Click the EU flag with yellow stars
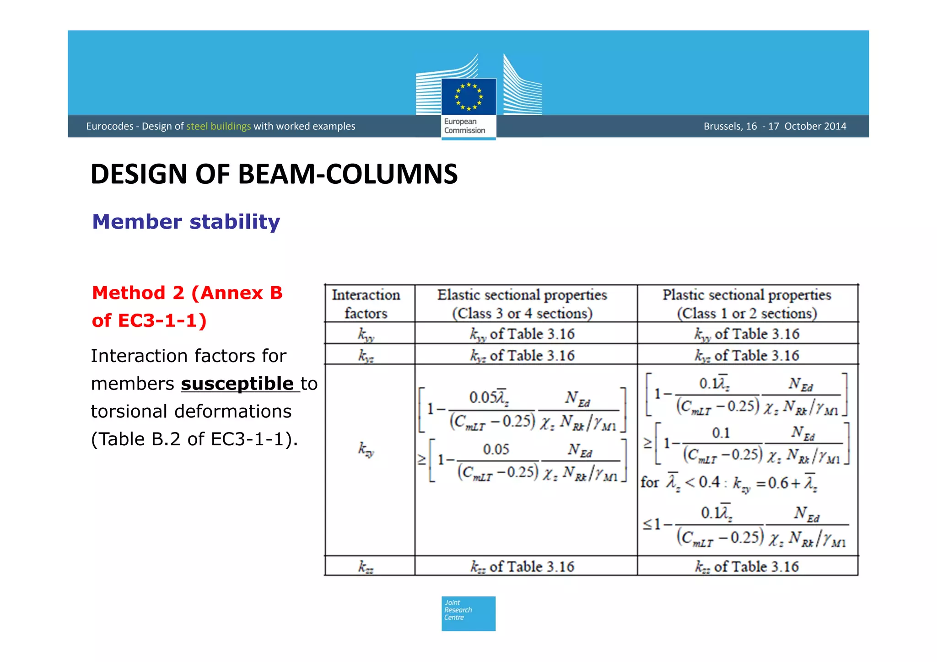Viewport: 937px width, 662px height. point(468,96)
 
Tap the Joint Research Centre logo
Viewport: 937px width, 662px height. point(468,614)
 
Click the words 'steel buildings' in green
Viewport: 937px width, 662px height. point(218,126)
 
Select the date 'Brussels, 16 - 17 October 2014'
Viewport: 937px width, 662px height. point(775,126)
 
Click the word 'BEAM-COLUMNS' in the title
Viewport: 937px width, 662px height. point(348,174)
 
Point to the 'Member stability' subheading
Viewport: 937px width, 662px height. point(186,222)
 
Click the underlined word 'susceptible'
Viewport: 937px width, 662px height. point(237,384)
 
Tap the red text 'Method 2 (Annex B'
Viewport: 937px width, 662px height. point(187,293)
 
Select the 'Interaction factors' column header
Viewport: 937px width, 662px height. point(366,304)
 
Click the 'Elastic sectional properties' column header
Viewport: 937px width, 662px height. point(522,304)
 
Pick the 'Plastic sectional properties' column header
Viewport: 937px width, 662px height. point(747,304)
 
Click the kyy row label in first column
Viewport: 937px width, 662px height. point(366,334)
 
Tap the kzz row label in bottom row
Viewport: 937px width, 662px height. point(366,567)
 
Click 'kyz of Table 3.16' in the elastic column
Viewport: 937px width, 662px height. point(522,355)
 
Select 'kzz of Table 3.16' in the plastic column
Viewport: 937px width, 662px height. point(747,567)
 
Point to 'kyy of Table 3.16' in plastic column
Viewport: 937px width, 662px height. point(747,334)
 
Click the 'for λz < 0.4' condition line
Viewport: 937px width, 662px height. point(728,482)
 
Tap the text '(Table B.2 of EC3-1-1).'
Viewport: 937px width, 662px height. point(194,439)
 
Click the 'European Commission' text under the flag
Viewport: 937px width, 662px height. point(464,126)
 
